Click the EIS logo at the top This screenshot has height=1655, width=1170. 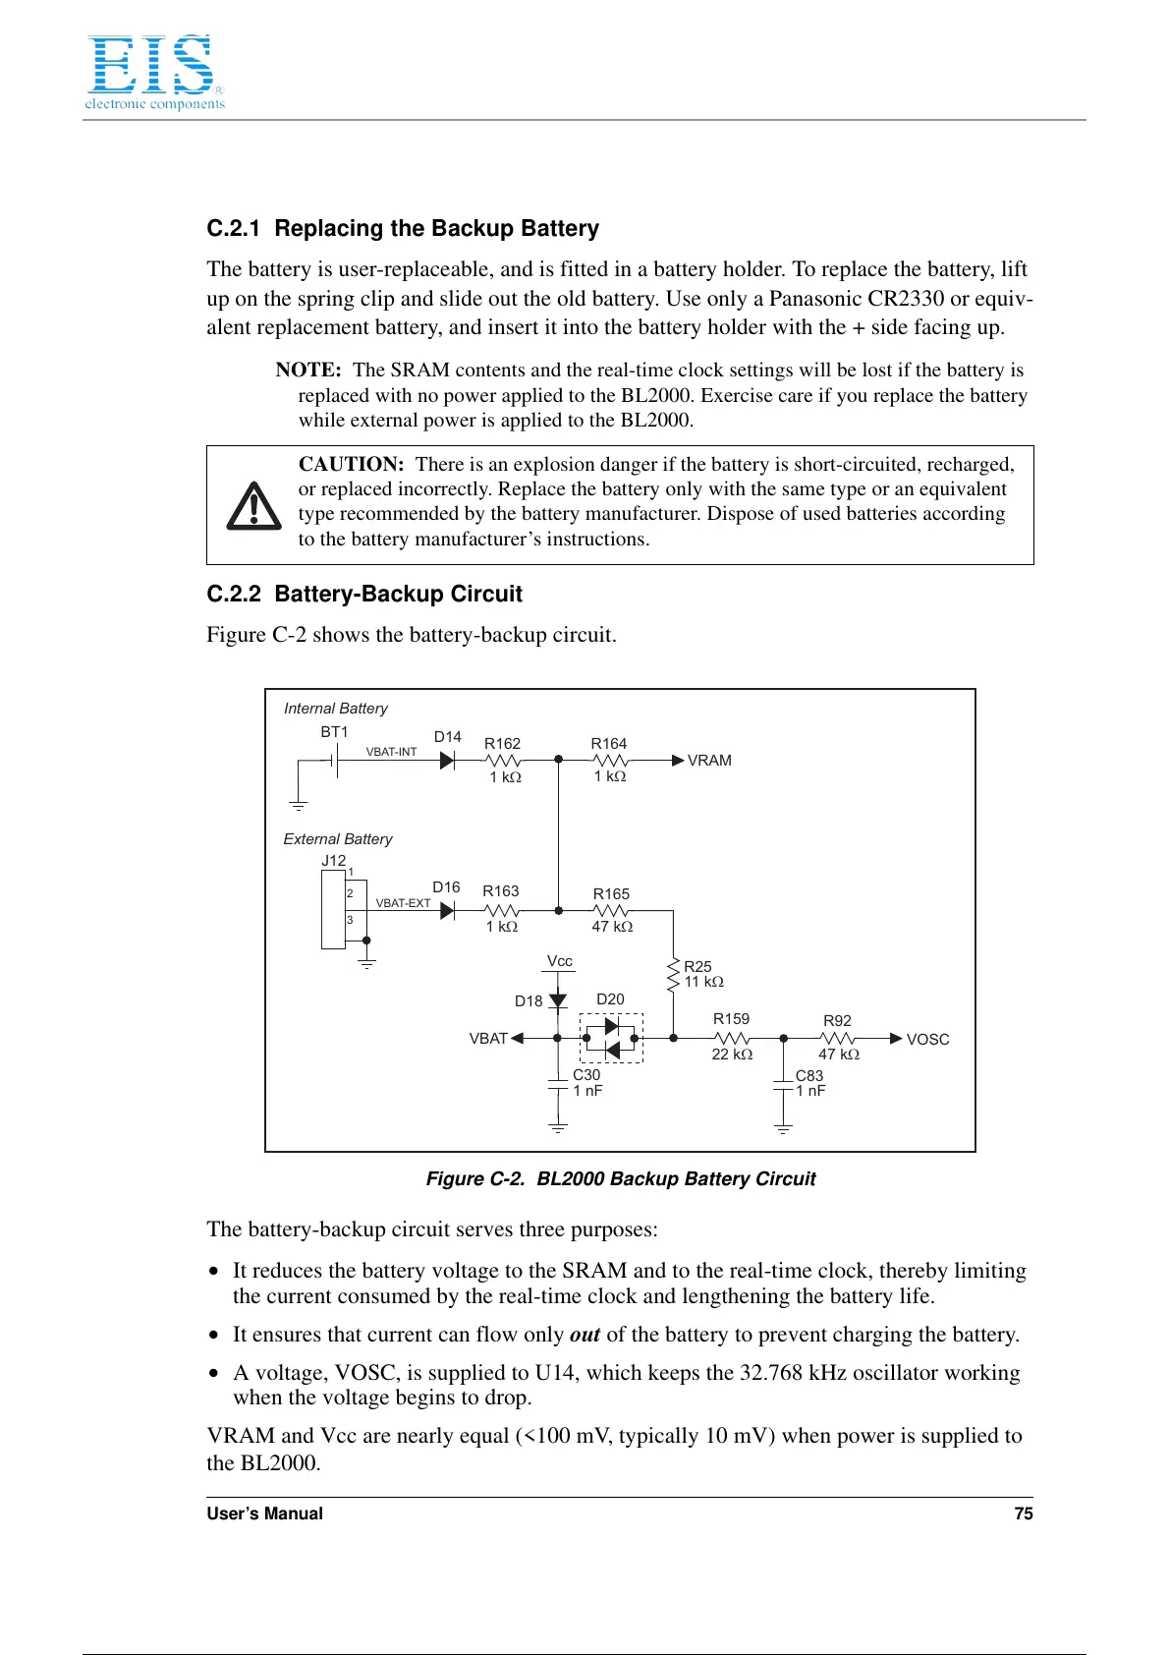tap(154, 73)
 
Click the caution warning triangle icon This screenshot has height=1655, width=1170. tap(253, 506)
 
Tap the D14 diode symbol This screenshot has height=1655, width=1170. tap(447, 760)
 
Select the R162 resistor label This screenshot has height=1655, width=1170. tap(502, 744)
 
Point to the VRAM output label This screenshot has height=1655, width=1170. tap(709, 761)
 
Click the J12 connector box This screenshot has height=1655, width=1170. tap(333, 910)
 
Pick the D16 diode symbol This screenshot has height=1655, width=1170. tap(447, 911)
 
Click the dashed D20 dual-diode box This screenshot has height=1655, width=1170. tap(611, 1038)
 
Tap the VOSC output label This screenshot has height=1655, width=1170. tap(927, 1040)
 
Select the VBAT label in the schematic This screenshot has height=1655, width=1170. tap(488, 1039)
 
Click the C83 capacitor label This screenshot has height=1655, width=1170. tap(809, 1076)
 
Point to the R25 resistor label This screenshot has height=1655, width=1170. tap(697, 967)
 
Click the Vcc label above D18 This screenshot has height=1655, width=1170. tap(560, 961)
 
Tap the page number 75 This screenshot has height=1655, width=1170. tap(1023, 1513)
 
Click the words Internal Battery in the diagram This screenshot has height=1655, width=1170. tap(336, 709)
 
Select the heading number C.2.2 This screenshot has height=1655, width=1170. tap(234, 594)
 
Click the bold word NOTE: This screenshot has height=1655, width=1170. tap(308, 371)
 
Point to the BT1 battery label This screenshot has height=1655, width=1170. tap(334, 732)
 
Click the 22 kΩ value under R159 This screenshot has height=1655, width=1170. tap(732, 1055)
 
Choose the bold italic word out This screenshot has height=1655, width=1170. tap(585, 1335)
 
